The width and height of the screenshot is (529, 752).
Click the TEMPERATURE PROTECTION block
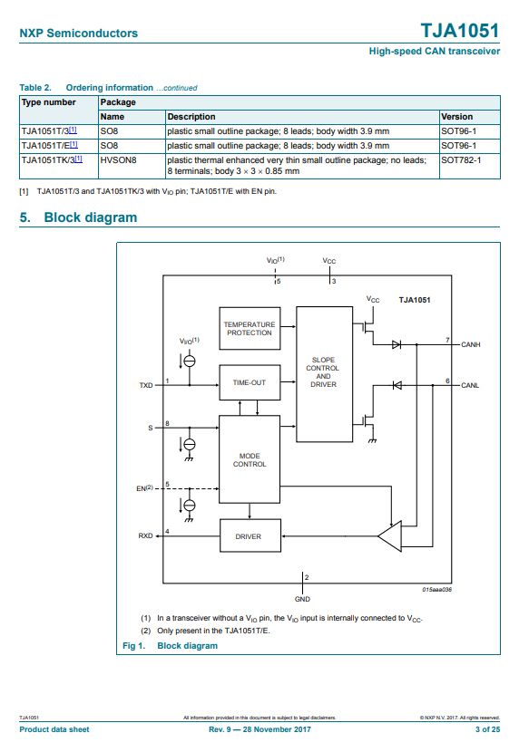tap(250, 329)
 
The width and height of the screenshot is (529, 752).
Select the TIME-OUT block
tap(250, 382)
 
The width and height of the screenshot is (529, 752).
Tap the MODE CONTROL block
tap(250, 459)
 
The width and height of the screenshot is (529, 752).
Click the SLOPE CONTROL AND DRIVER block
tap(324, 374)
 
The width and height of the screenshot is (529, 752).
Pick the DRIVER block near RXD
tap(250, 535)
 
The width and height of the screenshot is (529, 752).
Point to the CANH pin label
tap(470, 344)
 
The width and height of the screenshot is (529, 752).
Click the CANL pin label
tap(470, 385)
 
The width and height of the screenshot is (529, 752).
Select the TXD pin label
tap(146, 385)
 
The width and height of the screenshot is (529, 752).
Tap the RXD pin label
tap(145, 535)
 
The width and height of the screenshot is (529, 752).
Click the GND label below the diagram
tap(302, 599)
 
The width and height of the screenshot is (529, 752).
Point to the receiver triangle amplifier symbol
tap(389, 536)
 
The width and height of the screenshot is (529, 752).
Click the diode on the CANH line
tap(397, 344)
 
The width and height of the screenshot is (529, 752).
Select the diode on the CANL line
tap(397, 385)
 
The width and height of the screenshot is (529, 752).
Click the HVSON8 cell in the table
tap(118, 159)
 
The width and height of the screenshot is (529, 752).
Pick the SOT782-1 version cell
tap(461, 159)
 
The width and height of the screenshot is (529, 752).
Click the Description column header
tap(191, 117)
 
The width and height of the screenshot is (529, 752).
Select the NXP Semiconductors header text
tap(78, 34)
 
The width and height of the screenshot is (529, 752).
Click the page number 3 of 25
tap(487, 729)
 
